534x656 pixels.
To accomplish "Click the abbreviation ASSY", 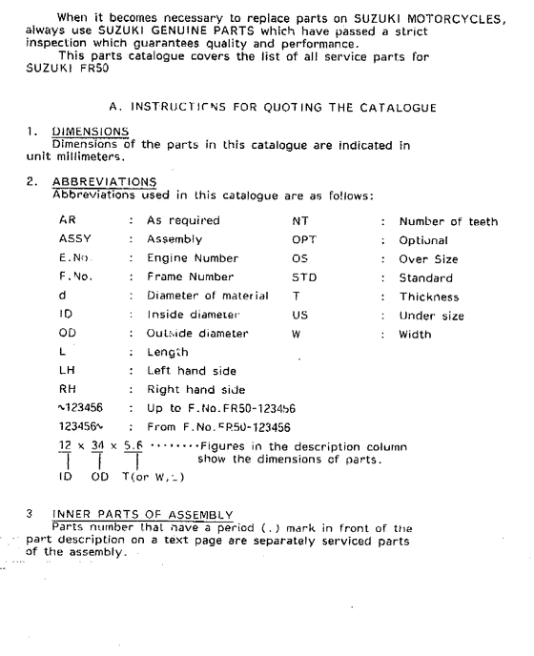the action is point(76,239).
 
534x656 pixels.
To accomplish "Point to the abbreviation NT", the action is point(299,220).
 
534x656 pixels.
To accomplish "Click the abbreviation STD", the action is point(304,278).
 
